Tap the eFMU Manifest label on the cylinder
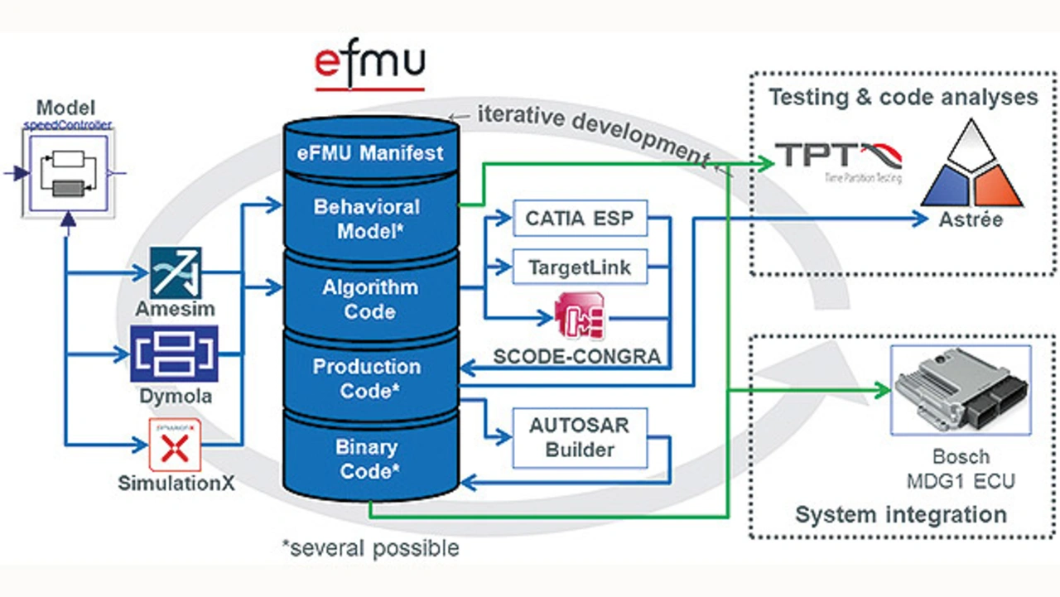tap(370, 153)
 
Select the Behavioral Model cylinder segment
tap(367, 219)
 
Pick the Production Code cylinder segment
tap(367, 378)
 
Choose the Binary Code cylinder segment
tap(367, 459)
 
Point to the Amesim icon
tap(176, 272)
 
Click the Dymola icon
tap(174, 354)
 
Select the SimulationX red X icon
tap(175, 447)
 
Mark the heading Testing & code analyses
tap(903, 97)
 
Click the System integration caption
tap(901, 514)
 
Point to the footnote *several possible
tap(369, 547)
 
